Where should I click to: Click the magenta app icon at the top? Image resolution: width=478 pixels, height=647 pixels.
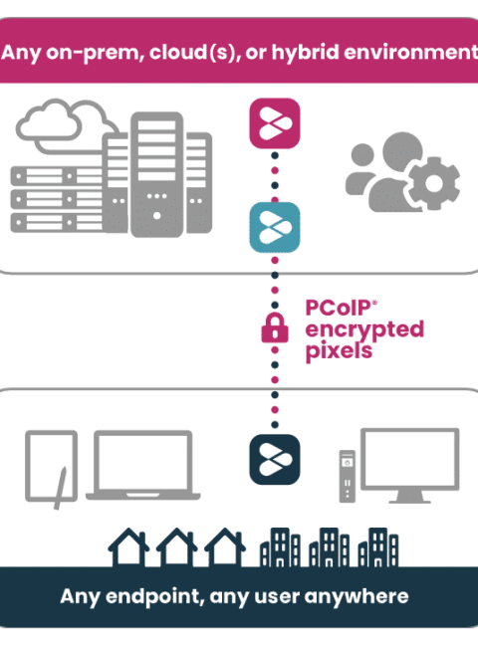(275, 123)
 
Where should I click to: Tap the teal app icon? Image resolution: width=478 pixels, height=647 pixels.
(275, 227)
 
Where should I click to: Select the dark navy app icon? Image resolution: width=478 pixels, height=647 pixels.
(275, 459)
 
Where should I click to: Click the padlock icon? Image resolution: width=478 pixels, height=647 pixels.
(275, 327)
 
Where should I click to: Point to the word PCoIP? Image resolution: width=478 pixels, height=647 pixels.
(338, 308)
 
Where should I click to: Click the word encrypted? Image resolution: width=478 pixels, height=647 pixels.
(364, 329)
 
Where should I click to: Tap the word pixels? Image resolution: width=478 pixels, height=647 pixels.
(339, 351)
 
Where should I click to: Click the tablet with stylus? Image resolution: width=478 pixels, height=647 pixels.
(51, 466)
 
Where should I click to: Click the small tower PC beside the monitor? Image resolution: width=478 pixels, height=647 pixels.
(348, 476)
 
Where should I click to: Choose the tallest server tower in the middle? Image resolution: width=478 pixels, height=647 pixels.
(157, 174)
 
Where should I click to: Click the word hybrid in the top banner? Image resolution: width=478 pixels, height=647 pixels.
(305, 53)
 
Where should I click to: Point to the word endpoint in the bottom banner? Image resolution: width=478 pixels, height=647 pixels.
(154, 596)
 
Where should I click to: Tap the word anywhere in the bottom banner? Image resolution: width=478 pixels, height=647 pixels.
(357, 596)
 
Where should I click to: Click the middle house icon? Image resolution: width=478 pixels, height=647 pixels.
(176, 546)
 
